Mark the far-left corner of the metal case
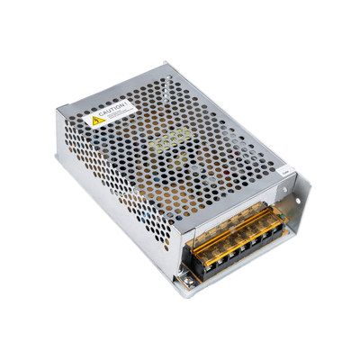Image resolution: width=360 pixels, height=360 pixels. (x=56, y=112)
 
